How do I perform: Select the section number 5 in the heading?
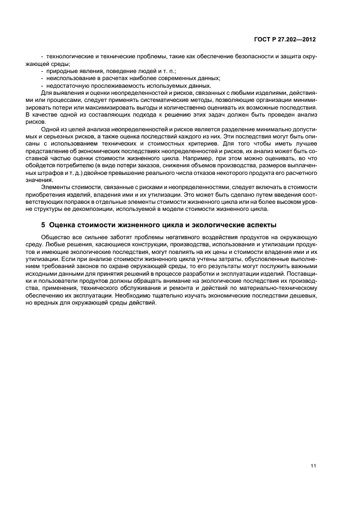(x=44, y=225)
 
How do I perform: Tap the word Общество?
(x=56, y=238)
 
